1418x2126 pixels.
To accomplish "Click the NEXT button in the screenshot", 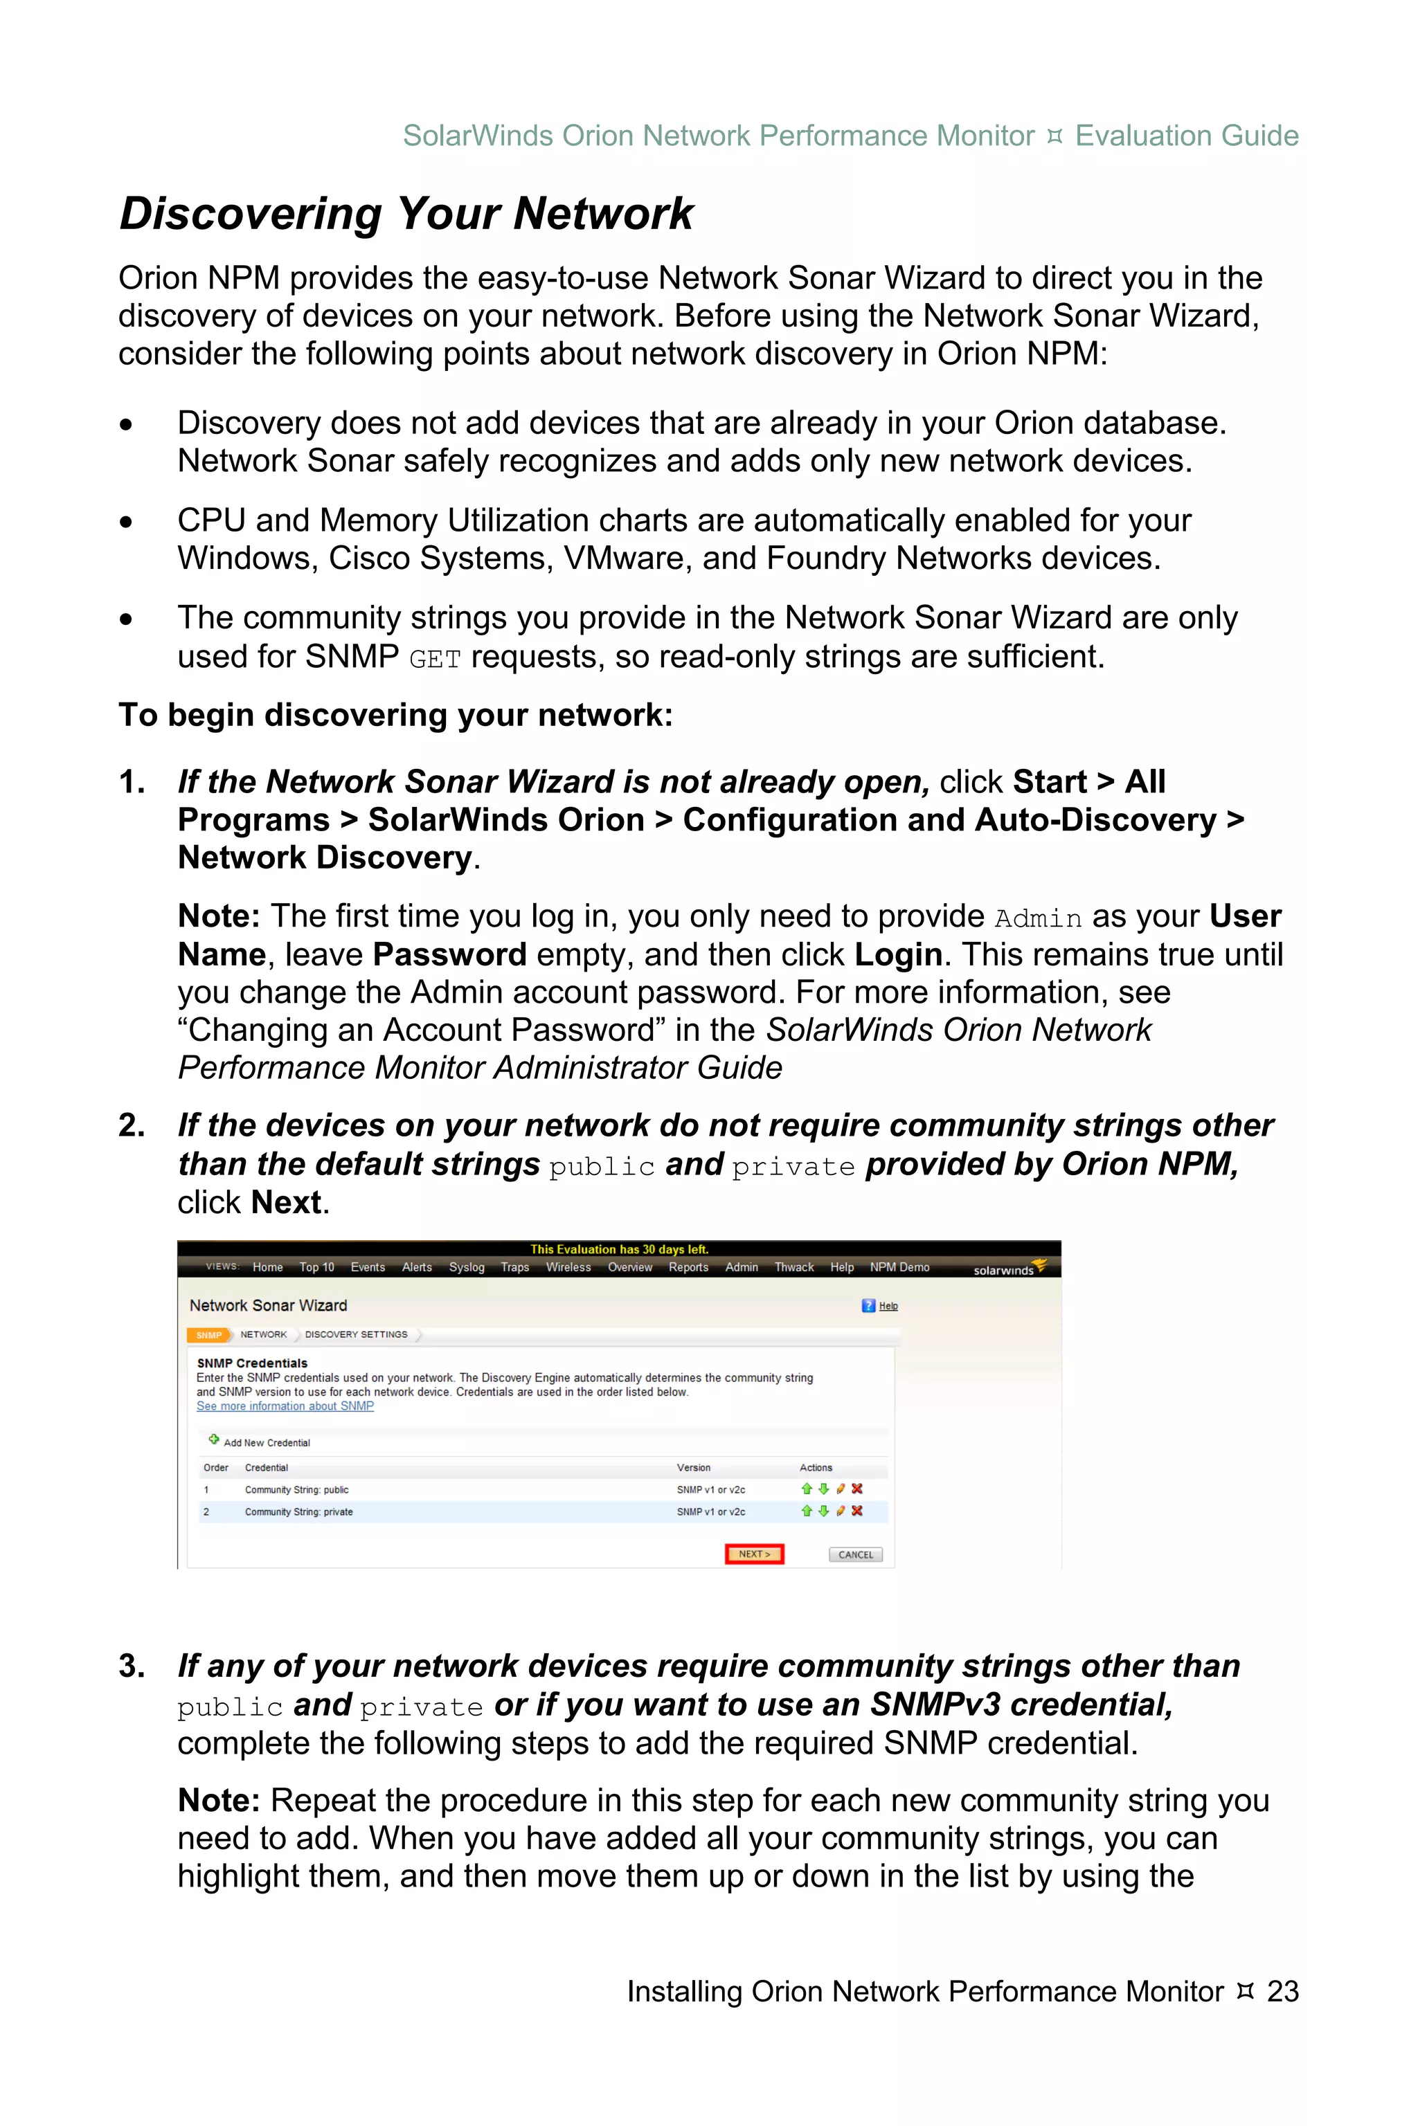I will (x=754, y=1554).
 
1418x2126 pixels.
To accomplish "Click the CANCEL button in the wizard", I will (x=856, y=1555).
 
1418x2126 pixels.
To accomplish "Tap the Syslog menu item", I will (x=467, y=1267).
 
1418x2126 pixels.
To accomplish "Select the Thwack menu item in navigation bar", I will (x=794, y=1267).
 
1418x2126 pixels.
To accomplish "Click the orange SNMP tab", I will (x=209, y=1335).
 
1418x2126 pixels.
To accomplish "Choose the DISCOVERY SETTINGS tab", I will (x=357, y=1334).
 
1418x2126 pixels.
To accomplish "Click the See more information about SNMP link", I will (x=285, y=1406).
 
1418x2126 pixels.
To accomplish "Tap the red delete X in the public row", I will (x=857, y=1489).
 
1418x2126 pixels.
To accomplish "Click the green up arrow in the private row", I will (x=807, y=1511).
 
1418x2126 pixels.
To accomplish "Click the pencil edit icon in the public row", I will (x=840, y=1489).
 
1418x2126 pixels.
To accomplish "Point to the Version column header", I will (x=694, y=1468).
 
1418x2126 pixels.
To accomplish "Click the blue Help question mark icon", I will (x=868, y=1305).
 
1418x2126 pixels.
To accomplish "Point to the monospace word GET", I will (x=435, y=659).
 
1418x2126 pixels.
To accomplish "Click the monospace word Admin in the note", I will (x=1038, y=918).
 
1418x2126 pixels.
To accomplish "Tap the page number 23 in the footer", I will (x=1282, y=1990).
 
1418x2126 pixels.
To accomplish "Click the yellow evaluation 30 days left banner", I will (x=620, y=1249).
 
